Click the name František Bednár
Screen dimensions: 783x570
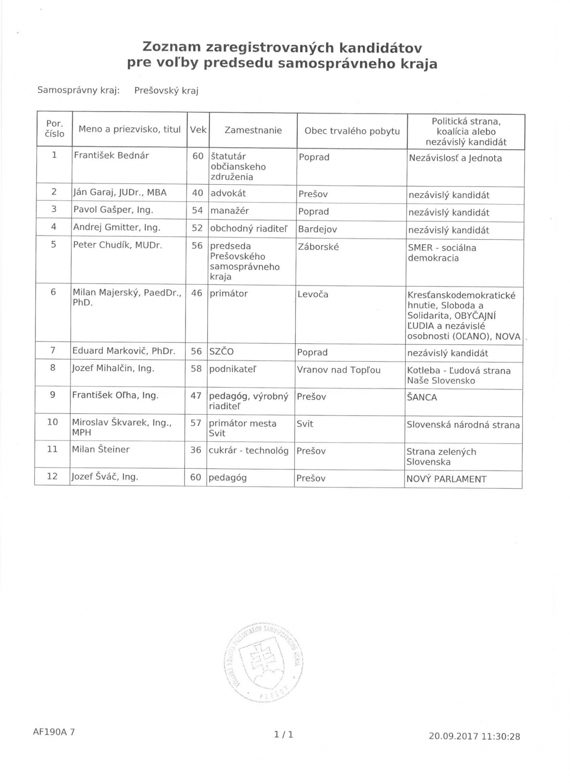coord(111,156)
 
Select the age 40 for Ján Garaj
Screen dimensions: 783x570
coord(197,193)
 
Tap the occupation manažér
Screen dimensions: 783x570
coord(229,211)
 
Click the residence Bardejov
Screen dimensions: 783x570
coord(317,229)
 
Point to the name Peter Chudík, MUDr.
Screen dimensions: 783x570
coord(117,245)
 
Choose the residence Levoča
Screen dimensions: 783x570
coord(312,294)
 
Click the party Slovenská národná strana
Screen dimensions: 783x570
coord(463,425)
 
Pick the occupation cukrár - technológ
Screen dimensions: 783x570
coord(248,450)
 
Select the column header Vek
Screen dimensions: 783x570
coord(198,130)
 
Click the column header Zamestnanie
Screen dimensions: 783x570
coord(253,130)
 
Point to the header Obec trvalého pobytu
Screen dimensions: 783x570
coord(352,131)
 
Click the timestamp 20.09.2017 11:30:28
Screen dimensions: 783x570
coord(474,736)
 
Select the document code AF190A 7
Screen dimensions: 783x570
coord(54,732)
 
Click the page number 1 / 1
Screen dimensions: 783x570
coord(283,734)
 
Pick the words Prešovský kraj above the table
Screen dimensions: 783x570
coord(166,91)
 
